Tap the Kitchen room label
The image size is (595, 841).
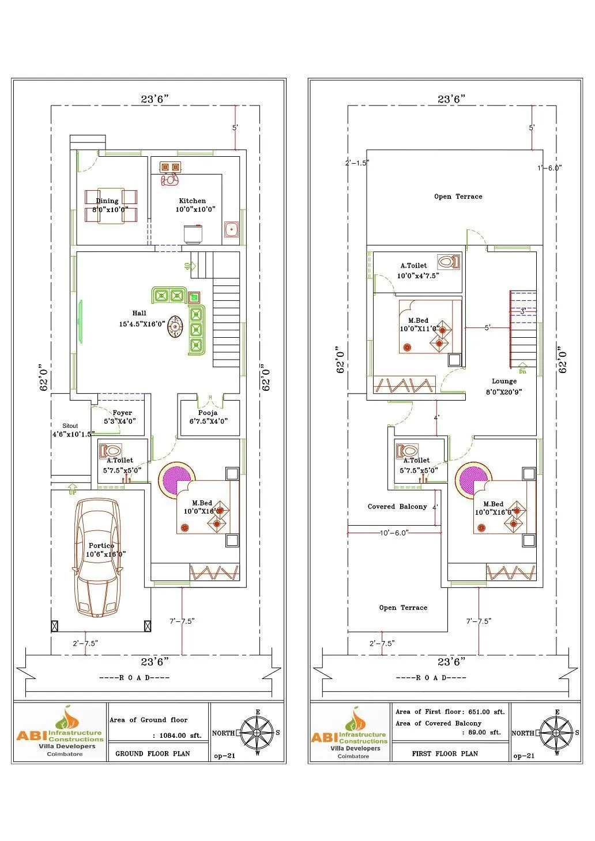click(x=192, y=201)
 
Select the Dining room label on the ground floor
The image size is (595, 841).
click(x=107, y=201)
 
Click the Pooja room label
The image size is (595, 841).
click(x=208, y=413)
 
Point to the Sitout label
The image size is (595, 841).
click(x=70, y=426)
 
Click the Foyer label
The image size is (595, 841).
click(x=122, y=413)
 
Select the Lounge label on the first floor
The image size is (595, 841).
click(x=504, y=381)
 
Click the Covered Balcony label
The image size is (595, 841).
click(x=397, y=507)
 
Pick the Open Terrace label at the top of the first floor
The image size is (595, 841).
click(x=458, y=197)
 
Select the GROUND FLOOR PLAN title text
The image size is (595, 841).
click(x=152, y=753)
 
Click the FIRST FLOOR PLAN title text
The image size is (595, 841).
click(x=445, y=753)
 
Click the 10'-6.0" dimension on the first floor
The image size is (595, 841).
click(x=394, y=533)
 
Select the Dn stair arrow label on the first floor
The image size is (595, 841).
click(x=522, y=372)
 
